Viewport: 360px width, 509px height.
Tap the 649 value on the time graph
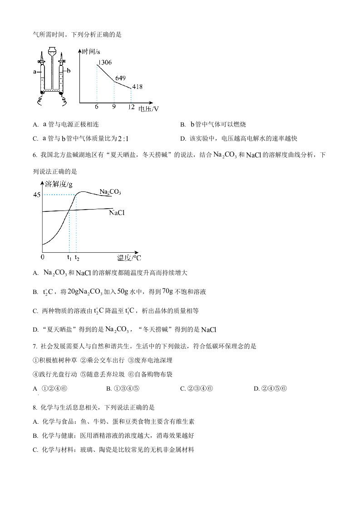point(120,78)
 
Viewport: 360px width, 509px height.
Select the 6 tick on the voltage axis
point(97,107)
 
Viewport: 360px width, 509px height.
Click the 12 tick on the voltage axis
point(131,107)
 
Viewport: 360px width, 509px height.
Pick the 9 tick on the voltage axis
point(113,107)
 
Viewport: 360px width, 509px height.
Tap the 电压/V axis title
point(148,109)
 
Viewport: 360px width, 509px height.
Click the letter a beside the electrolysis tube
point(35,71)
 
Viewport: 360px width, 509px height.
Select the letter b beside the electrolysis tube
point(69,71)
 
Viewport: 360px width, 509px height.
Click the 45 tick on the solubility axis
point(36,195)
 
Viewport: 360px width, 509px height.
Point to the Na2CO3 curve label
point(110,192)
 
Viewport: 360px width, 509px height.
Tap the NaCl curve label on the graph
point(117,212)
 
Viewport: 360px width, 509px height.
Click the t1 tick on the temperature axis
point(69,258)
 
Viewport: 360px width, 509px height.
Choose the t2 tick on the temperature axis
point(77,258)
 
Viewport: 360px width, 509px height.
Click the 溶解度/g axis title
point(59,184)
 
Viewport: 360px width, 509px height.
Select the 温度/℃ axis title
point(129,258)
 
